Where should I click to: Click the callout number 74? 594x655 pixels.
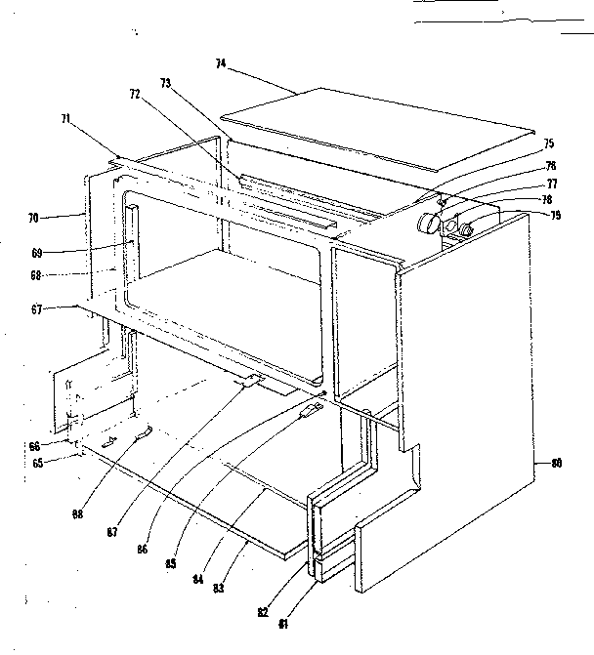pyautogui.click(x=221, y=62)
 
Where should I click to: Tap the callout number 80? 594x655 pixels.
pyautogui.click(x=556, y=463)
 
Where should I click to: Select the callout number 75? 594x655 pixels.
pyautogui.click(x=549, y=143)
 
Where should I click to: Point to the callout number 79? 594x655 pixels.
pyautogui.click(x=555, y=215)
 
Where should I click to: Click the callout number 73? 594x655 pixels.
pyautogui.click(x=166, y=85)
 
